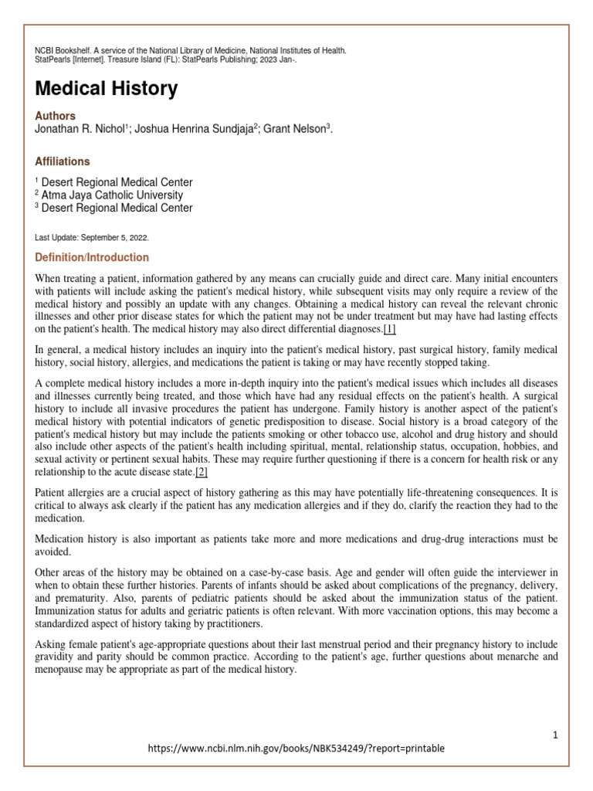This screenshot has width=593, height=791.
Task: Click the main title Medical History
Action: pyautogui.click(x=107, y=90)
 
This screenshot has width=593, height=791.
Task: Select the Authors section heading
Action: pyautogui.click(x=56, y=116)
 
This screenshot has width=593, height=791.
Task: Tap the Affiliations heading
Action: pyautogui.click(x=62, y=161)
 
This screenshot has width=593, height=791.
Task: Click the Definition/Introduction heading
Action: pyautogui.click(x=92, y=257)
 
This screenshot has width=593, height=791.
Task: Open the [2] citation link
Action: pyautogui.click(x=202, y=472)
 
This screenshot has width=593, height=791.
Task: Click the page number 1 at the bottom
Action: pyautogui.click(x=554, y=735)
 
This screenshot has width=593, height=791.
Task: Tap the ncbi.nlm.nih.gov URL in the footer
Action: pyautogui.click(x=296, y=749)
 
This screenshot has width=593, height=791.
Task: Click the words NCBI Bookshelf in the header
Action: pyautogui.click(x=61, y=51)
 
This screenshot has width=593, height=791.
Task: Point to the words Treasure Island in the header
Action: pyautogui.click(x=130, y=60)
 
